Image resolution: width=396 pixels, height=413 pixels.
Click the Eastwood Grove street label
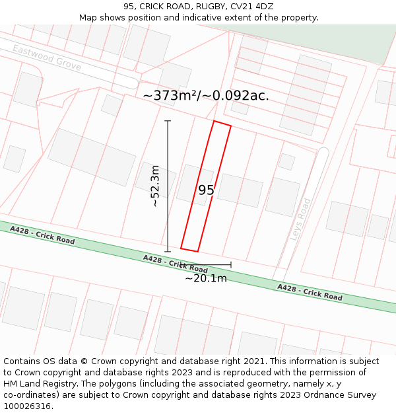click(x=47, y=58)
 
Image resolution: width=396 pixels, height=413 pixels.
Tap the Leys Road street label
click(x=301, y=219)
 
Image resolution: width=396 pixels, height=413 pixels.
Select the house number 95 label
click(x=206, y=190)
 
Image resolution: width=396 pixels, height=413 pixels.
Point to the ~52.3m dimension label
click(x=155, y=186)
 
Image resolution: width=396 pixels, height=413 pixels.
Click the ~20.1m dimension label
click(x=205, y=278)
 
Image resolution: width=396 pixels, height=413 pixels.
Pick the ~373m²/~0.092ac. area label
click(x=206, y=96)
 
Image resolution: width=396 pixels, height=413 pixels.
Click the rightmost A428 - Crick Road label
click(x=310, y=292)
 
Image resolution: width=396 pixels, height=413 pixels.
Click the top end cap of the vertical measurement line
click(x=168, y=121)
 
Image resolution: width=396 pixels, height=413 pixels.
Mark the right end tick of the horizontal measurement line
click(x=231, y=265)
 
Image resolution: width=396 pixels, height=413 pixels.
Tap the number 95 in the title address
click(x=129, y=7)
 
